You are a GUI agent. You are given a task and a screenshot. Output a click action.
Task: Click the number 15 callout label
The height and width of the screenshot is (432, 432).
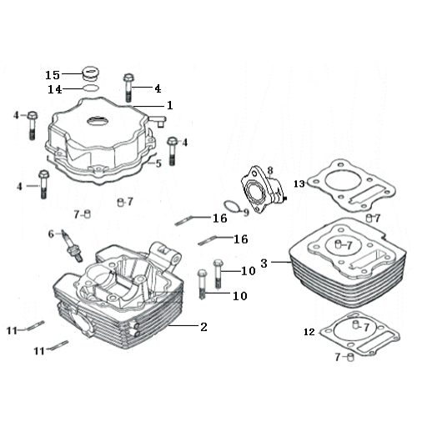click(53, 75)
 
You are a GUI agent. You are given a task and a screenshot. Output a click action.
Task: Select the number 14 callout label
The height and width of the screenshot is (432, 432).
click(55, 89)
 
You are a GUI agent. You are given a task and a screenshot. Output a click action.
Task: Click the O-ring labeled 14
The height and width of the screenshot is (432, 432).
click(91, 88)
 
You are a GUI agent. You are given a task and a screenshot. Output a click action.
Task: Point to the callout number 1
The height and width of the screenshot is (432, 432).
click(170, 105)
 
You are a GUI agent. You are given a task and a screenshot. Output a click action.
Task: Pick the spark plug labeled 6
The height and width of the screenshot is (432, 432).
click(73, 246)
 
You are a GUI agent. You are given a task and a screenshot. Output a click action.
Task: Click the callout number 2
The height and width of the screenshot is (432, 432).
click(203, 327)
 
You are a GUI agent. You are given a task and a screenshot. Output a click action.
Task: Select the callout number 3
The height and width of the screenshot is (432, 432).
click(264, 264)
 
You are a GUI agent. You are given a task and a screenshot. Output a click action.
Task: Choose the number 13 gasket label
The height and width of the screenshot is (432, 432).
click(299, 183)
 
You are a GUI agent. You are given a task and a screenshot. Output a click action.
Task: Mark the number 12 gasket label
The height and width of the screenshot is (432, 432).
click(309, 332)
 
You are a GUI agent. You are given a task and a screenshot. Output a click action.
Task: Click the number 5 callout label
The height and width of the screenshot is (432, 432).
click(158, 163)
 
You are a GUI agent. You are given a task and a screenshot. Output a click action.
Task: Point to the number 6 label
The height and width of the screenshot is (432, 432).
click(51, 234)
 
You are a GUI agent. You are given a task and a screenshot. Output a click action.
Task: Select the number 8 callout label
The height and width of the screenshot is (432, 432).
click(270, 170)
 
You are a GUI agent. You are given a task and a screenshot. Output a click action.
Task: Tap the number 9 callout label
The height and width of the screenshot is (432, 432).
click(246, 213)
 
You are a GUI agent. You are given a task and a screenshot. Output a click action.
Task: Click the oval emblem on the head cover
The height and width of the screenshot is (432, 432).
click(98, 121)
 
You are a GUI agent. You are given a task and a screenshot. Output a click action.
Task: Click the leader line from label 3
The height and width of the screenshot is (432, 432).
click(281, 262)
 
